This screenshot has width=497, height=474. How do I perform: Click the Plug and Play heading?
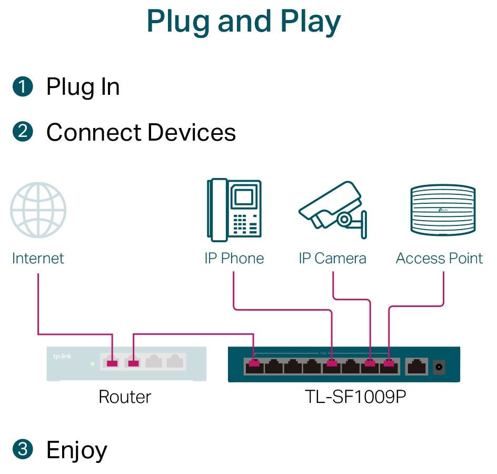[x=244, y=22]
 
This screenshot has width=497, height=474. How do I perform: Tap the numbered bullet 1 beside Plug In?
[x=22, y=87]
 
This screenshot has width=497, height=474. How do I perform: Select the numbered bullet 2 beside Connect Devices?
[x=22, y=132]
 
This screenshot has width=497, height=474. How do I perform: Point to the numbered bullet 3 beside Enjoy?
[x=22, y=450]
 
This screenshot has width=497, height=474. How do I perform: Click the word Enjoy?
[x=77, y=450]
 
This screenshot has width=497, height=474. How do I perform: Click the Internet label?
[x=38, y=259]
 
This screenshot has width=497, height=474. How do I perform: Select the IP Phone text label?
[x=234, y=259]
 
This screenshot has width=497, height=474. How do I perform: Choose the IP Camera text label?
[x=332, y=259]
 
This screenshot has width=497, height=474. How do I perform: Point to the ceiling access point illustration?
[x=442, y=210]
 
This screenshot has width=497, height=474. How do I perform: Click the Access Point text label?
[x=439, y=259]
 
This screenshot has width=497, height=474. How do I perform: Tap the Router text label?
[x=125, y=397]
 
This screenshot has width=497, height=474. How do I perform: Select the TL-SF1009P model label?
[x=355, y=397]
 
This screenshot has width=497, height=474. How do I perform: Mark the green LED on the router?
[x=93, y=363]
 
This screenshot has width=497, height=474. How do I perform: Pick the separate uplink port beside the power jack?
[x=417, y=366]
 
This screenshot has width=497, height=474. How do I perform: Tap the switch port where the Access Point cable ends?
[x=389, y=365]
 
